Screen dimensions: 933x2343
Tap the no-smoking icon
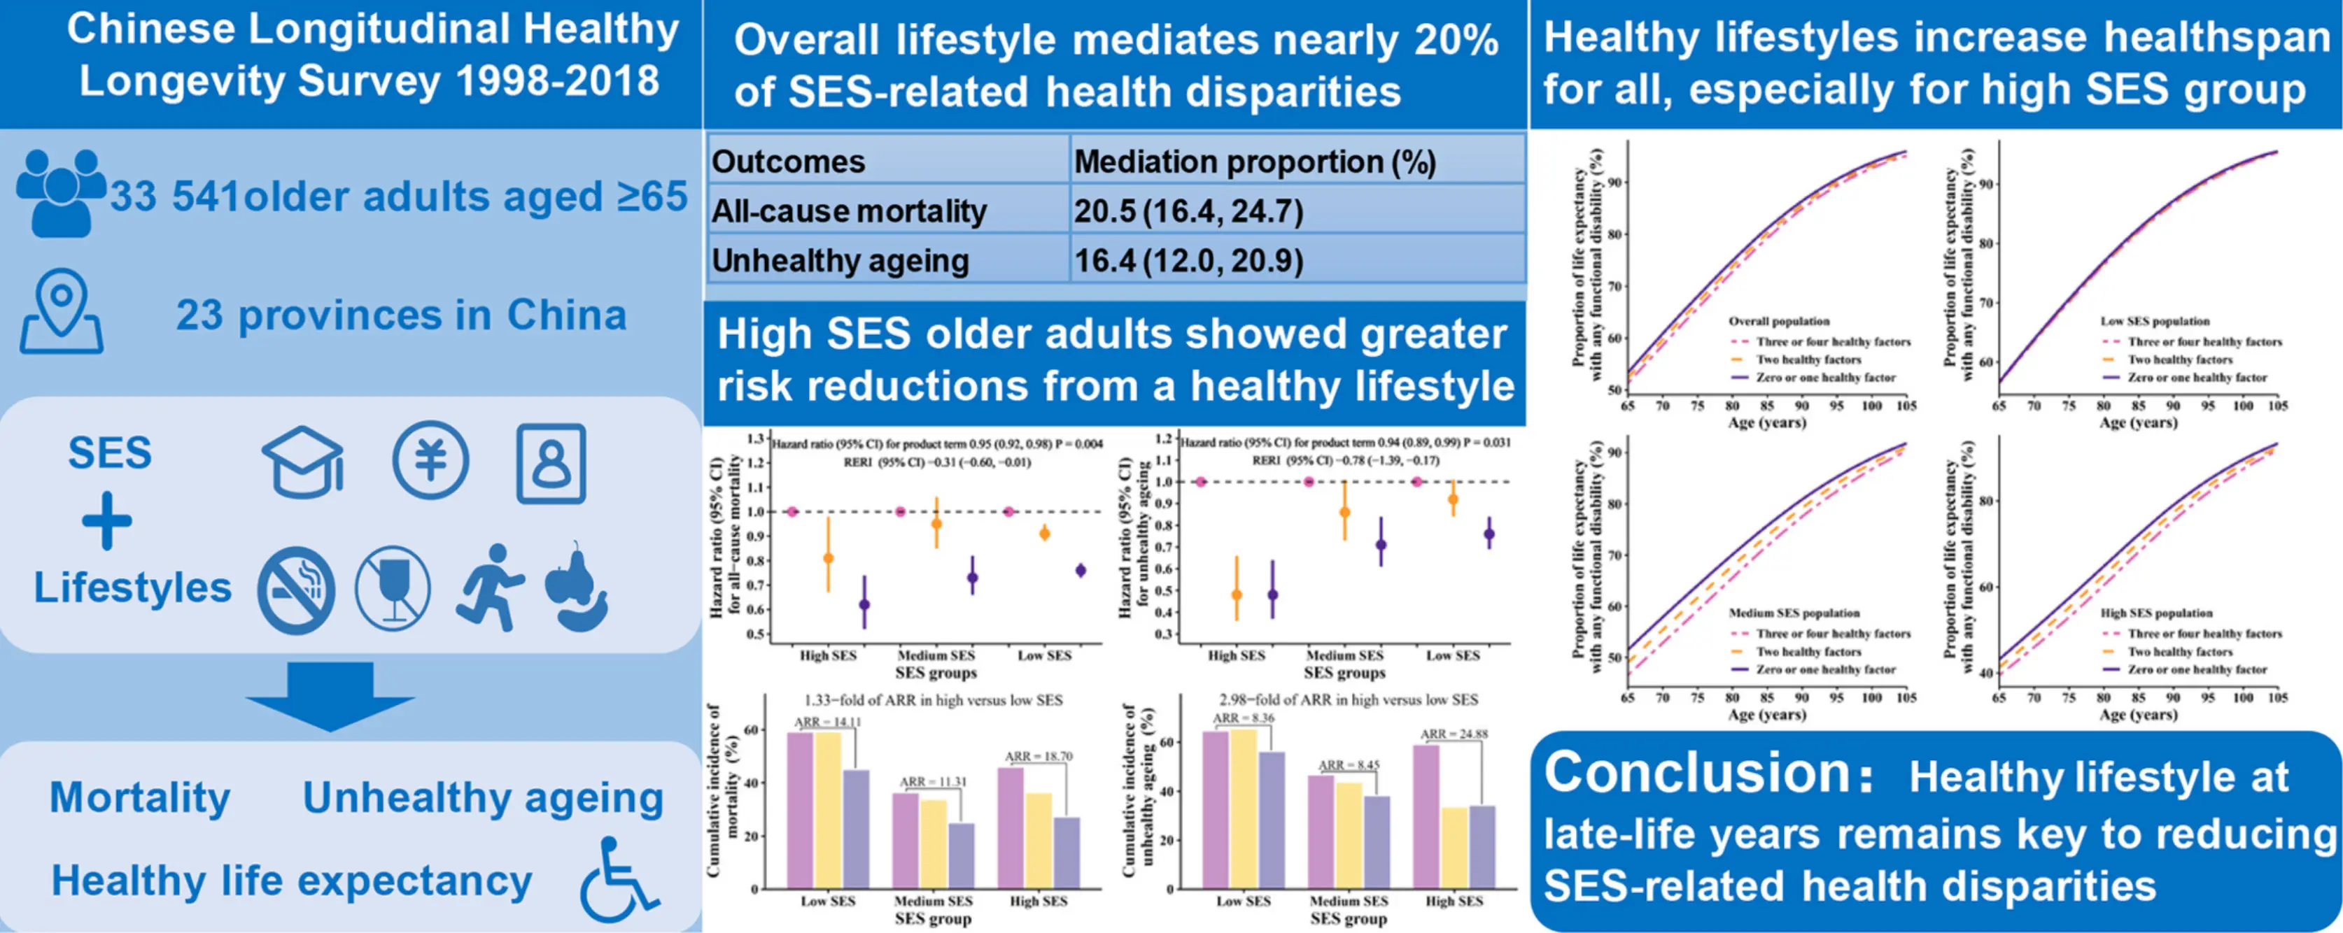[x=295, y=590]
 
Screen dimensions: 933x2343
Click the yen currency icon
[x=430, y=460]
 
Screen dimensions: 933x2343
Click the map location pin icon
[x=61, y=314]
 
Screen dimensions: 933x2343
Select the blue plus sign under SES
[x=107, y=521]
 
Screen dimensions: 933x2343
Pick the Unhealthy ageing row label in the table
[x=840, y=261]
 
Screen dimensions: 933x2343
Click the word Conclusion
[x=1697, y=773]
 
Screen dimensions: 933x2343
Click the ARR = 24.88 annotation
[x=1454, y=734]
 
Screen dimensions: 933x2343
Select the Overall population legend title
[x=1779, y=321]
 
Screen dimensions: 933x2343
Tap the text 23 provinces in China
[x=401, y=315]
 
